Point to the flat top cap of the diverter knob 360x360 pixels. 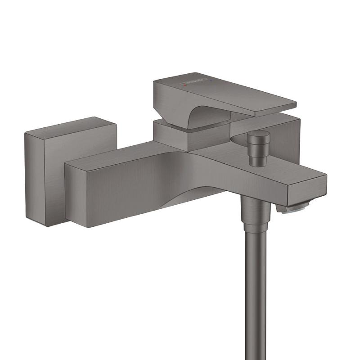[x=259, y=134]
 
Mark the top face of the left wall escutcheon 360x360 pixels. [x=70, y=126]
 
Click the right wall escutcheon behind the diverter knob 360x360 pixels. [x=283, y=135]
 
